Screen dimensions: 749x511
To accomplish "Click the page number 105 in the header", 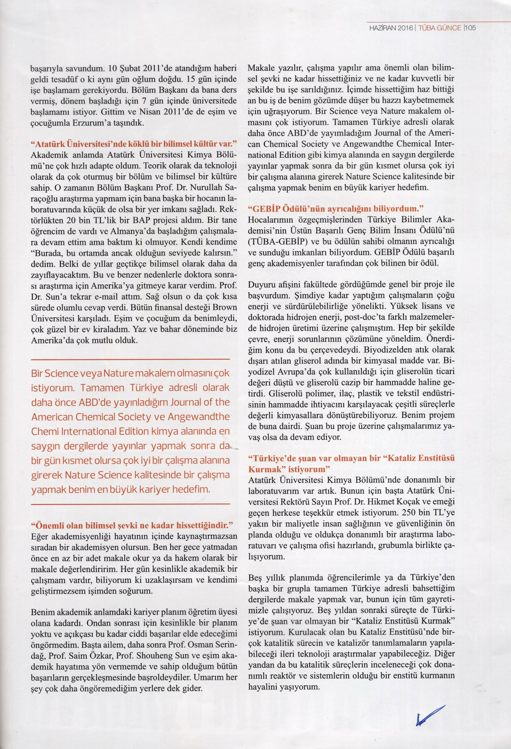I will pyautogui.click(x=470, y=28).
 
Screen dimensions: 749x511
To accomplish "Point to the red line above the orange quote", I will pyautogui.click(x=130, y=359).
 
